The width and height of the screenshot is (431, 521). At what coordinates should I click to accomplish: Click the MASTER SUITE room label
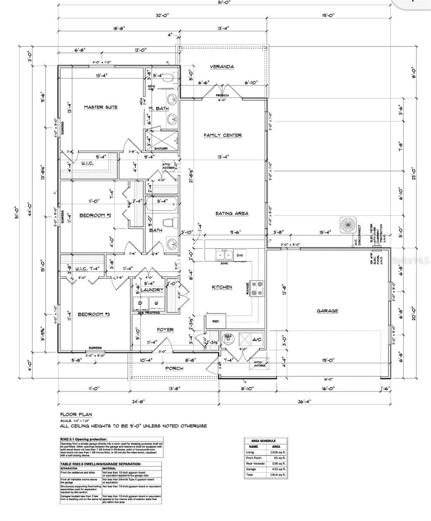101,107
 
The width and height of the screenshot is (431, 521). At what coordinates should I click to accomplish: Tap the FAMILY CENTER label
222,135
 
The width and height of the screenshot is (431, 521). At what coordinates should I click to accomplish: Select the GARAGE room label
327,311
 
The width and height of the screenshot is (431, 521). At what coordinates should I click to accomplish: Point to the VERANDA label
222,66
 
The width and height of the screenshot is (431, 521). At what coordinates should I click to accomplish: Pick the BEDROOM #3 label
93,314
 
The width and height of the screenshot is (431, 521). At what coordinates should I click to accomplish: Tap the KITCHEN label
222,287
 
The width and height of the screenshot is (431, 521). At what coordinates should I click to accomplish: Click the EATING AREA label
232,213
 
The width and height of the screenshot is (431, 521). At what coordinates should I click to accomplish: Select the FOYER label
165,330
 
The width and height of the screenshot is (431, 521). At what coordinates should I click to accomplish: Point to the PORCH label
174,368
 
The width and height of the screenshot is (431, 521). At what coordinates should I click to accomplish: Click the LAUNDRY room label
152,290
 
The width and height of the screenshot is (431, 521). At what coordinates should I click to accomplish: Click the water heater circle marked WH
228,337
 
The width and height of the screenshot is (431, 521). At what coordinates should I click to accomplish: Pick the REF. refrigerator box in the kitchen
215,321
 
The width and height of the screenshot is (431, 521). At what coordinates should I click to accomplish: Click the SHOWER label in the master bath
161,148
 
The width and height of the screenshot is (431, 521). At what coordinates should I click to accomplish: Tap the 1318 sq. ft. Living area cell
280,452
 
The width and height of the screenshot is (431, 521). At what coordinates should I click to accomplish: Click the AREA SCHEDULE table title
265,441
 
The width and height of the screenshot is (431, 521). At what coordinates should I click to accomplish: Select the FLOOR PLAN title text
74,415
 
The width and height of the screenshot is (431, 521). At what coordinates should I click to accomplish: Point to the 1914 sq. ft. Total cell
280,475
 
